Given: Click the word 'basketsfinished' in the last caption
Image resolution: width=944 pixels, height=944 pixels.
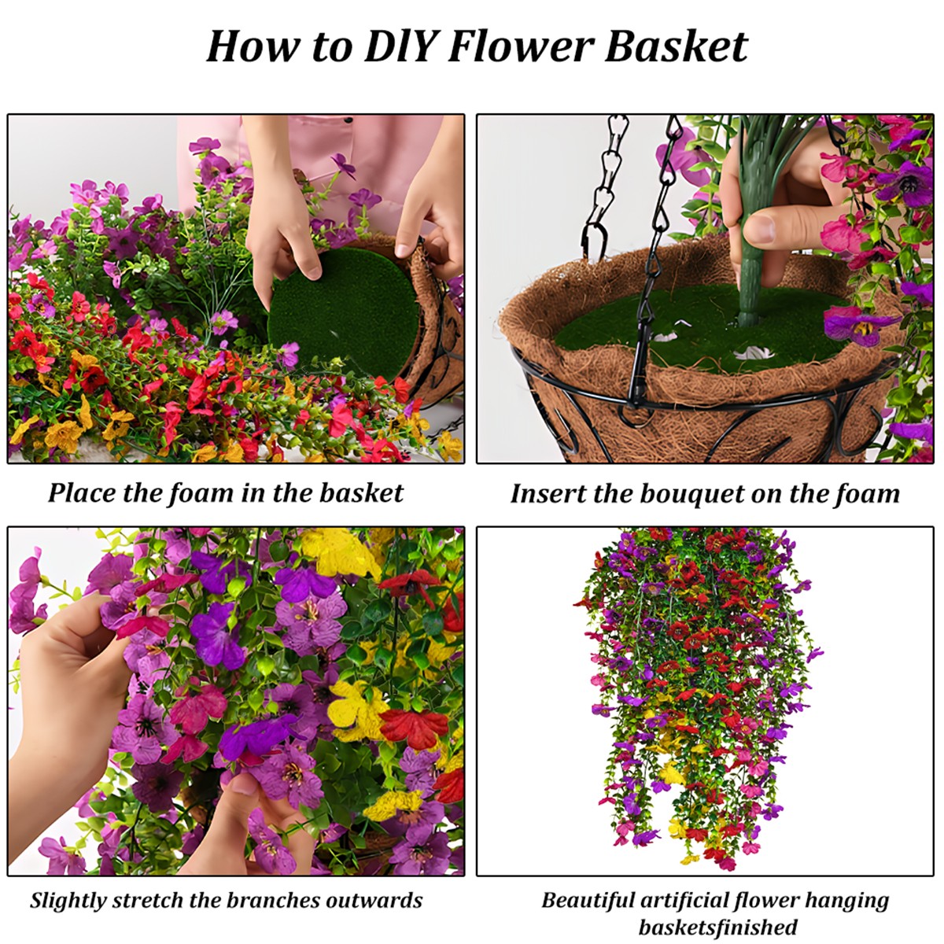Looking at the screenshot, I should (717, 927).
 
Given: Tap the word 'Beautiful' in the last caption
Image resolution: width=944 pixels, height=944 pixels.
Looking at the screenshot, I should (588, 901).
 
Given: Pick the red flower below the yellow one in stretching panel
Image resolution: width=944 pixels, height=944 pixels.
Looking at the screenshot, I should (413, 728).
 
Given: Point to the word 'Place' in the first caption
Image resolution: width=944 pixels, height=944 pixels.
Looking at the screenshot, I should (83, 493).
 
